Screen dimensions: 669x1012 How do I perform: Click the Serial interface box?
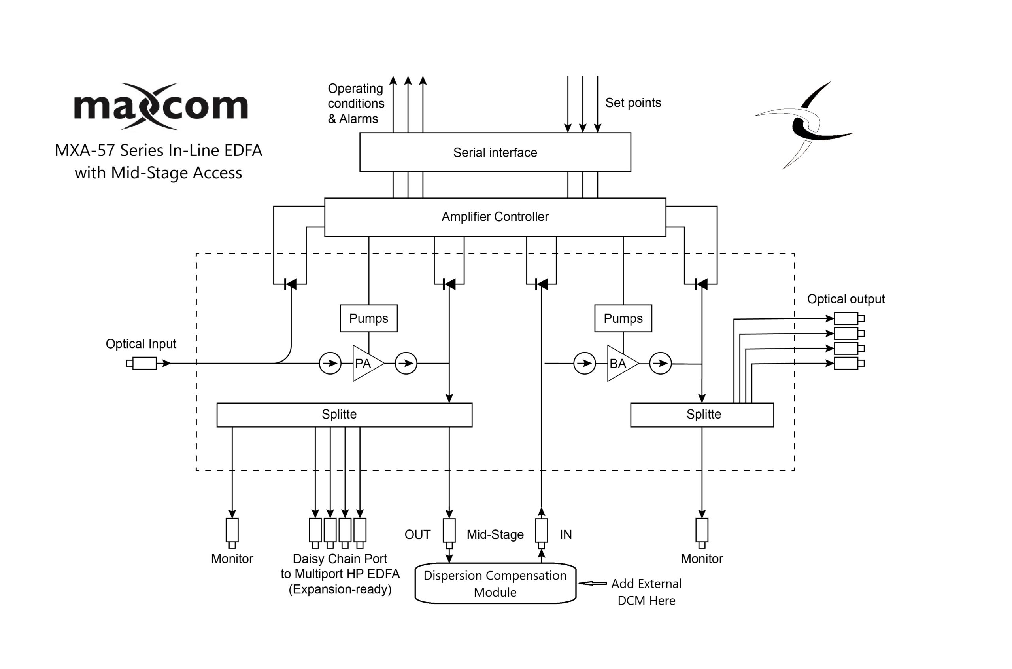tap(495, 152)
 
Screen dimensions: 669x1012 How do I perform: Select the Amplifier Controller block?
tap(495, 217)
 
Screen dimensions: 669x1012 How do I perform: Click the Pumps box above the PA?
tap(369, 318)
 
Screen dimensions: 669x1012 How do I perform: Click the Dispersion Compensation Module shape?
tap(495, 584)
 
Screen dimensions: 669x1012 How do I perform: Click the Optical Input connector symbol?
tap(142, 364)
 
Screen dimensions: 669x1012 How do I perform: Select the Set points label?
tap(633, 103)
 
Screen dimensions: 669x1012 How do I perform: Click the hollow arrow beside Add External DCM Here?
tap(593, 583)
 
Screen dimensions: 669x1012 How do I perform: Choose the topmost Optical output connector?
tap(848, 318)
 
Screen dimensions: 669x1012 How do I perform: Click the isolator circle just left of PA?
tap(330, 364)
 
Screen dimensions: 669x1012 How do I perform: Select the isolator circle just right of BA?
tap(660, 364)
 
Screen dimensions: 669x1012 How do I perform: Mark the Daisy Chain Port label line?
tap(340, 559)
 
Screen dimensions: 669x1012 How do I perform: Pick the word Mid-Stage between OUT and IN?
tap(495, 534)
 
